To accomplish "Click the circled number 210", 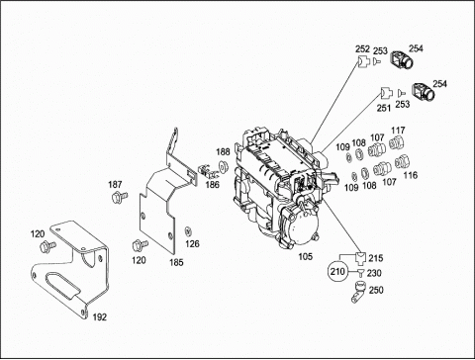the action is (337, 272).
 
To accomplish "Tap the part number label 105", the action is (305, 256).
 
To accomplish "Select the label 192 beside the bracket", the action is (100, 317).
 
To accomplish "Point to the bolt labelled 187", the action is (120, 197).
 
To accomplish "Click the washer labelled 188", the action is (224, 166).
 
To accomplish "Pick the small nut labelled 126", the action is (189, 230).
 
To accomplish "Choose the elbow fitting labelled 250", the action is (358, 291).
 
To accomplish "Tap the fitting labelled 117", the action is (397, 143).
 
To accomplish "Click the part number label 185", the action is (176, 262).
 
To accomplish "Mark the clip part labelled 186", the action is (205, 170).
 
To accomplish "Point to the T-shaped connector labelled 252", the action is (362, 61).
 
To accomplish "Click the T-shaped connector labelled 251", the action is (385, 93).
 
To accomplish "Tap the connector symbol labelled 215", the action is (360, 257).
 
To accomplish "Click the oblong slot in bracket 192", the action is (62, 285).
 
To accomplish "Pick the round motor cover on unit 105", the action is (301, 229).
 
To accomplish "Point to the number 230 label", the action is (374, 273).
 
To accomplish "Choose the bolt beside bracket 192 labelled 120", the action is (47, 246).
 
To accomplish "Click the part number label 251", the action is (383, 108).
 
